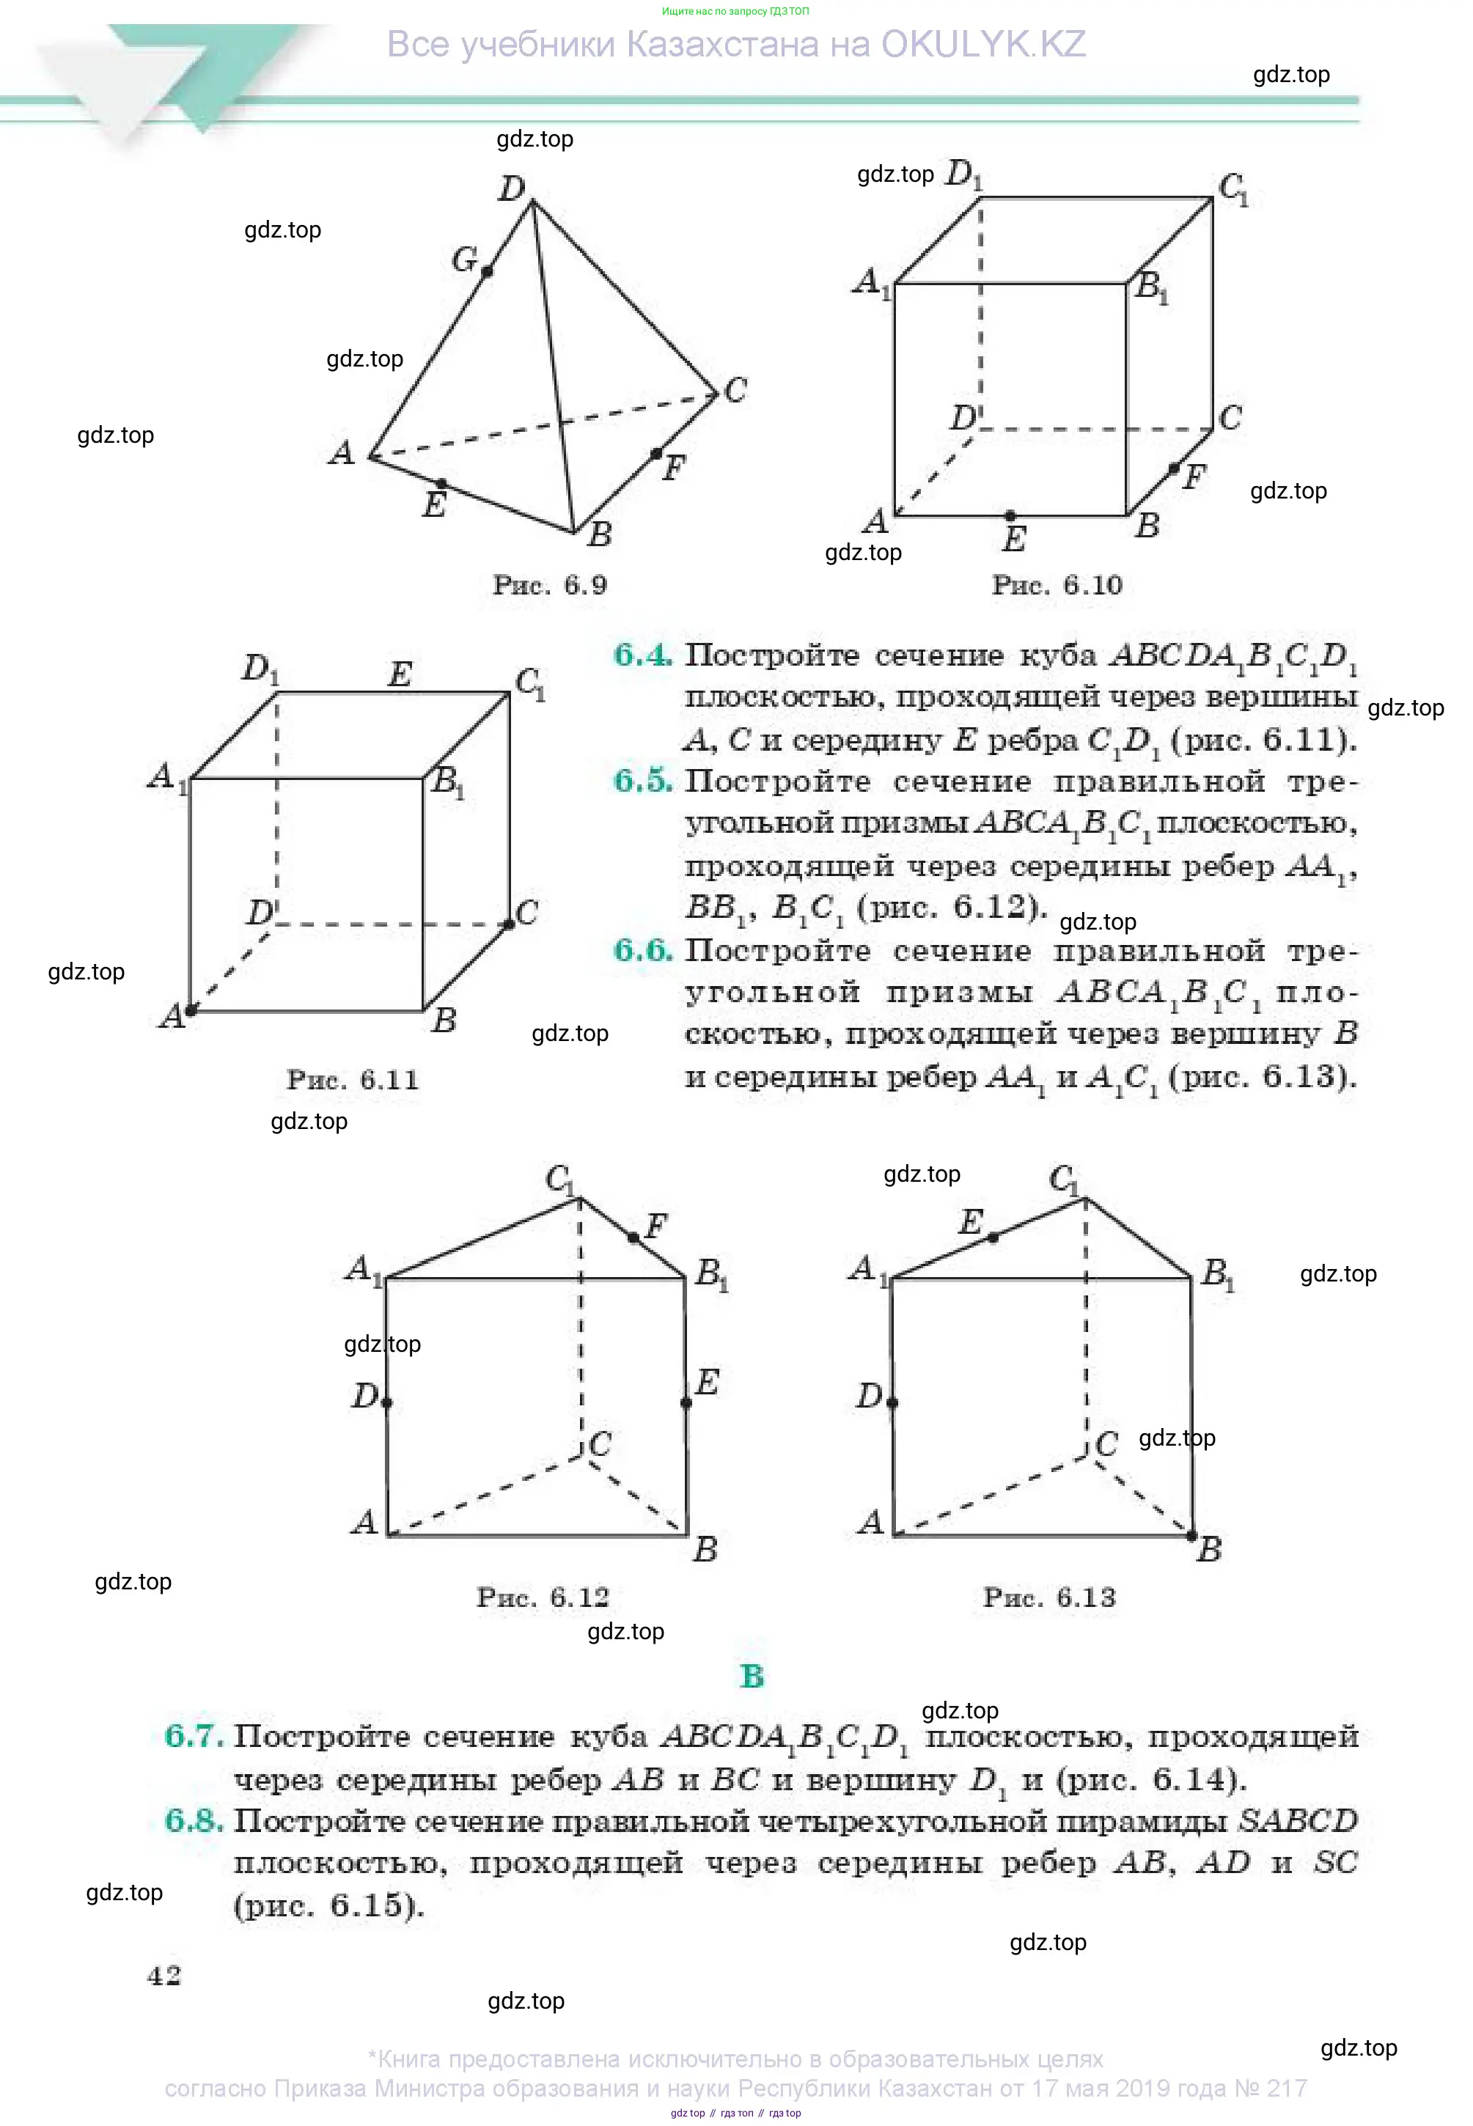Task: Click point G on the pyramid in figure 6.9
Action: pos(486,271)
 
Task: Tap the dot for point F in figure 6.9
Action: pos(655,453)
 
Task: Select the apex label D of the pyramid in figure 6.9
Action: pos(511,188)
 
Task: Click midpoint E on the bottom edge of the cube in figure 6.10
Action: pos(1010,515)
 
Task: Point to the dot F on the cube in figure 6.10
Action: pos(1173,468)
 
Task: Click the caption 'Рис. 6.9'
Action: pos(549,585)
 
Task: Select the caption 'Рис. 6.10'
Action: pos(1056,585)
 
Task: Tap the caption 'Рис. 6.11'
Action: pos(352,1080)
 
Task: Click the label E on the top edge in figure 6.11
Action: pos(399,674)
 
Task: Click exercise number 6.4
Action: pos(642,655)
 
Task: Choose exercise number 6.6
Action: pos(642,950)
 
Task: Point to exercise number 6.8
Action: pos(193,1820)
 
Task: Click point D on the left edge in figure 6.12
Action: pos(386,1402)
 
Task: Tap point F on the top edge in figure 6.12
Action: pos(633,1237)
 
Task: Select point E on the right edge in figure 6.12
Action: pos(686,1402)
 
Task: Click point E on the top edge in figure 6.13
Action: pos(992,1237)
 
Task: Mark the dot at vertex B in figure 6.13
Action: pos(1191,1535)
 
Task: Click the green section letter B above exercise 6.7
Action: pos(752,1677)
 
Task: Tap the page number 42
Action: pos(164,1976)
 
